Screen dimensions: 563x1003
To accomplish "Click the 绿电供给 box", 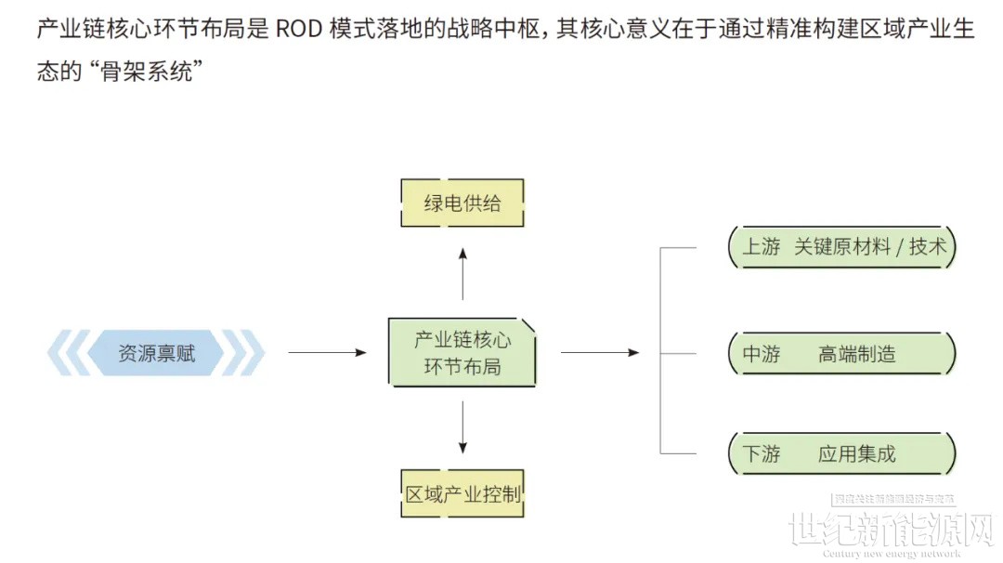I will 462,203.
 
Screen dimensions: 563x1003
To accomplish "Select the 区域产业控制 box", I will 462,493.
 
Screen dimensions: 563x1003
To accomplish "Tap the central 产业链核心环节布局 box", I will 462,353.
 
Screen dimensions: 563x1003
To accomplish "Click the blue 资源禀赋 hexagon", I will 156,353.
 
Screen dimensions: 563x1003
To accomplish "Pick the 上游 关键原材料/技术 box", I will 842,247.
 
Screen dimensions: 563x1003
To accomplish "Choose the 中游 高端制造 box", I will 842,353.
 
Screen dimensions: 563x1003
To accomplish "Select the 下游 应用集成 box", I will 842,454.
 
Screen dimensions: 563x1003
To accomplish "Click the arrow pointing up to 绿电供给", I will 462,273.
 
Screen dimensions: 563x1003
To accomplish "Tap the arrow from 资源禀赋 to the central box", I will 327,353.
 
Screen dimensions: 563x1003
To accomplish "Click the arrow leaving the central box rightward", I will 600,353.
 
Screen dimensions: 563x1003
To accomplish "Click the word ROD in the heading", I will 299,29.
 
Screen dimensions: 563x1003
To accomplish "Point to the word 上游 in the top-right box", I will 762,247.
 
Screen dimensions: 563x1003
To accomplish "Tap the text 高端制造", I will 857,353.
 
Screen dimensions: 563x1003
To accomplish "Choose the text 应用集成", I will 857,454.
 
